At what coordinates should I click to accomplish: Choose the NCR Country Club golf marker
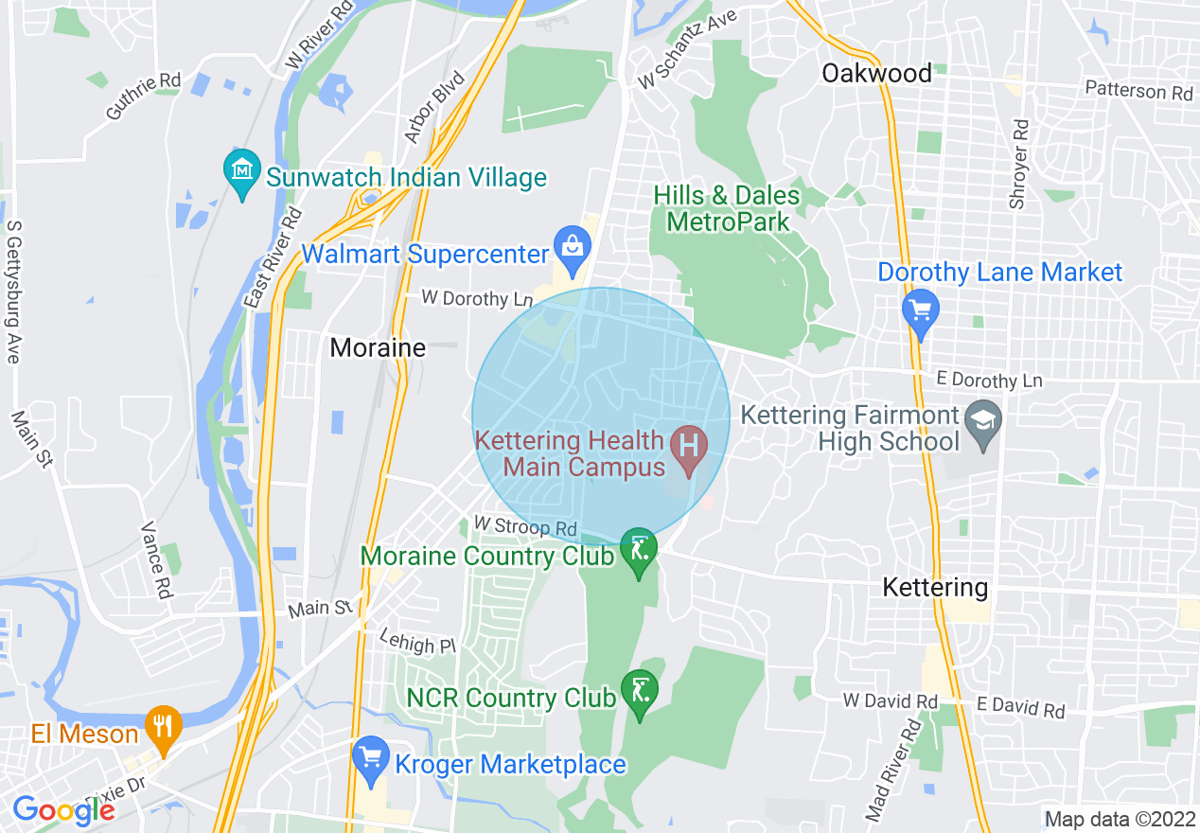click(x=640, y=694)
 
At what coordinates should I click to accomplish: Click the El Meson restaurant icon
click(x=164, y=730)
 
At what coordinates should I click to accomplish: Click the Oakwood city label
click(x=876, y=73)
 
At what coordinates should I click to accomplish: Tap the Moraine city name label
click(x=378, y=348)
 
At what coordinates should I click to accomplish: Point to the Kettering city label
click(x=935, y=587)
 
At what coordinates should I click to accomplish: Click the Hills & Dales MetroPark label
click(x=727, y=209)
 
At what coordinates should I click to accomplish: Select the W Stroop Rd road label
click(x=525, y=525)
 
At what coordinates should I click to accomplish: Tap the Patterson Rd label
click(x=1138, y=92)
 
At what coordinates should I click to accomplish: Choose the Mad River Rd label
click(x=892, y=770)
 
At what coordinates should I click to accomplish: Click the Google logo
click(x=63, y=809)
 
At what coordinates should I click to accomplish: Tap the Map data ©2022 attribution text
click(x=1119, y=818)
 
